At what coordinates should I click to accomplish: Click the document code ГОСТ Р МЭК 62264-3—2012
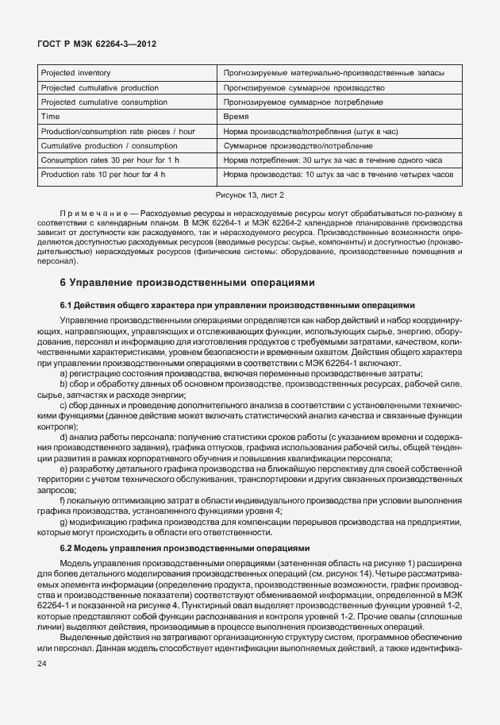(96, 44)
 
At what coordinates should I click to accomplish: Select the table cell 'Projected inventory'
(75, 73)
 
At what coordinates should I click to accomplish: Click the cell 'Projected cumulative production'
(99, 87)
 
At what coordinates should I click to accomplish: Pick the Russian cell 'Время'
(237, 117)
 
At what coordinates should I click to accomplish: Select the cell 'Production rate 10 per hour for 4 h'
(103, 175)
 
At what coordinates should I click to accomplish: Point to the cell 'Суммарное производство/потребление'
(298, 146)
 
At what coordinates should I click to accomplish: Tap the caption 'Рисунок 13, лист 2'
(249, 195)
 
